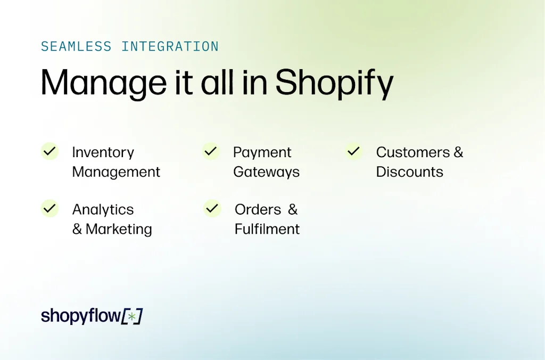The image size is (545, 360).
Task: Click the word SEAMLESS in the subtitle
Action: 76,46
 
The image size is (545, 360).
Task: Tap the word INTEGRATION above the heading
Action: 170,46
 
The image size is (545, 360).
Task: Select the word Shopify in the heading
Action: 334,83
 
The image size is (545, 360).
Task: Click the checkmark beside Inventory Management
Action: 49,151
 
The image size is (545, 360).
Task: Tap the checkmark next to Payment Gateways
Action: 211,151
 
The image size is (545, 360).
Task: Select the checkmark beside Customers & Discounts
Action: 353,151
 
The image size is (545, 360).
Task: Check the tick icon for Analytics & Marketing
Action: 49,208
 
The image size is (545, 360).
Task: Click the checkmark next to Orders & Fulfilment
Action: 212,208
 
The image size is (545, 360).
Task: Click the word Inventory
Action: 103,153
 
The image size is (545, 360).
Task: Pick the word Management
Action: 116,172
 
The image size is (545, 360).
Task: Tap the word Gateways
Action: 266,173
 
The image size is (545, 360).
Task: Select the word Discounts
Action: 409,172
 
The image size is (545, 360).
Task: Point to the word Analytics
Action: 103,210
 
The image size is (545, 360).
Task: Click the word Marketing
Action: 119,230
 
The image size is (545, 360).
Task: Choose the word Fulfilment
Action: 267,230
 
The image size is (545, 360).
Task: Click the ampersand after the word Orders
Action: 293,210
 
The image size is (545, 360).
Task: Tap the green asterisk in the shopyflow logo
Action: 132,316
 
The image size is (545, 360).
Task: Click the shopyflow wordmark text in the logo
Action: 81,316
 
